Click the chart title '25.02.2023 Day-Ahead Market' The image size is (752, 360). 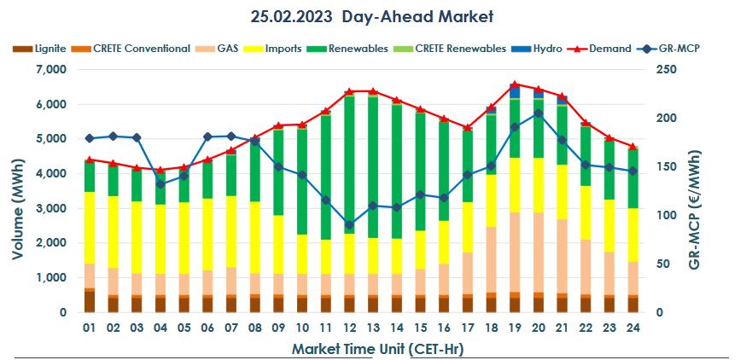(372, 16)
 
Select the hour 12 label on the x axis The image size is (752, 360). (350, 328)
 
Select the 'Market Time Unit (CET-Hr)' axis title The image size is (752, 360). (372, 348)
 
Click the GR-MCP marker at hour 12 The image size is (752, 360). (350, 225)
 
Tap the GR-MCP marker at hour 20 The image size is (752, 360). (538, 113)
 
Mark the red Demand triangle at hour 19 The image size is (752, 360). (514, 84)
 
